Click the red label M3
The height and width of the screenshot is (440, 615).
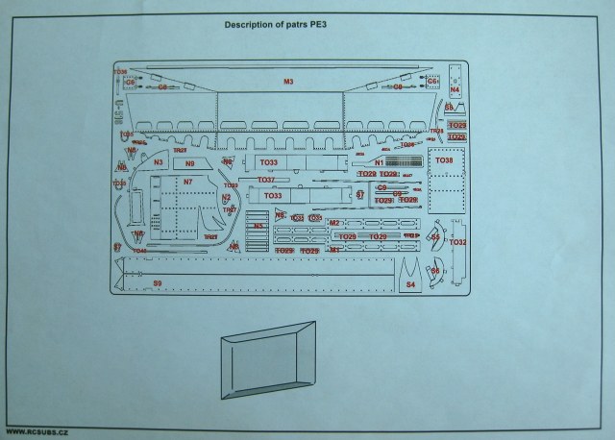pyautogui.click(x=288, y=82)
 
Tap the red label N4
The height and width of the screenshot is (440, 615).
pyautogui.click(x=455, y=90)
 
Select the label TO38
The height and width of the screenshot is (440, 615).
pyautogui.click(x=443, y=160)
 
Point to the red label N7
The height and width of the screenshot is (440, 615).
pyautogui.click(x=187, y=182)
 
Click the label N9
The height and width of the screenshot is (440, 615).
pyautogui.click(x=189, y=163)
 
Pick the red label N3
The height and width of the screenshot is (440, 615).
pyautogui.click(x=159, y=163)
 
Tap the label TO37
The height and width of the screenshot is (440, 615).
pyautogui.click(x=266, y=181)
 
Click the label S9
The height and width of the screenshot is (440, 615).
pyautogui.click(x=157, y=282)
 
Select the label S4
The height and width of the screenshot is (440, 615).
pyautogui.click(x=410, y=284)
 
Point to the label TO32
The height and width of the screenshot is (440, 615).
pyautogui.click(x=456, y=243)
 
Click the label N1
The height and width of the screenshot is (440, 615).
pyautogui.click(x=380, y=163)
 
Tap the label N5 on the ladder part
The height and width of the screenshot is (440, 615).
pyautogui.click(x=258, y=226)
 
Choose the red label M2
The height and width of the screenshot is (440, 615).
pyautogui.click(x=335, y=223)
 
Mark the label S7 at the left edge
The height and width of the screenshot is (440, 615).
pyautogui.click(x=117, y=246)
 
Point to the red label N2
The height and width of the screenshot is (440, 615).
pyautogui.click(x=227, y=198)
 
